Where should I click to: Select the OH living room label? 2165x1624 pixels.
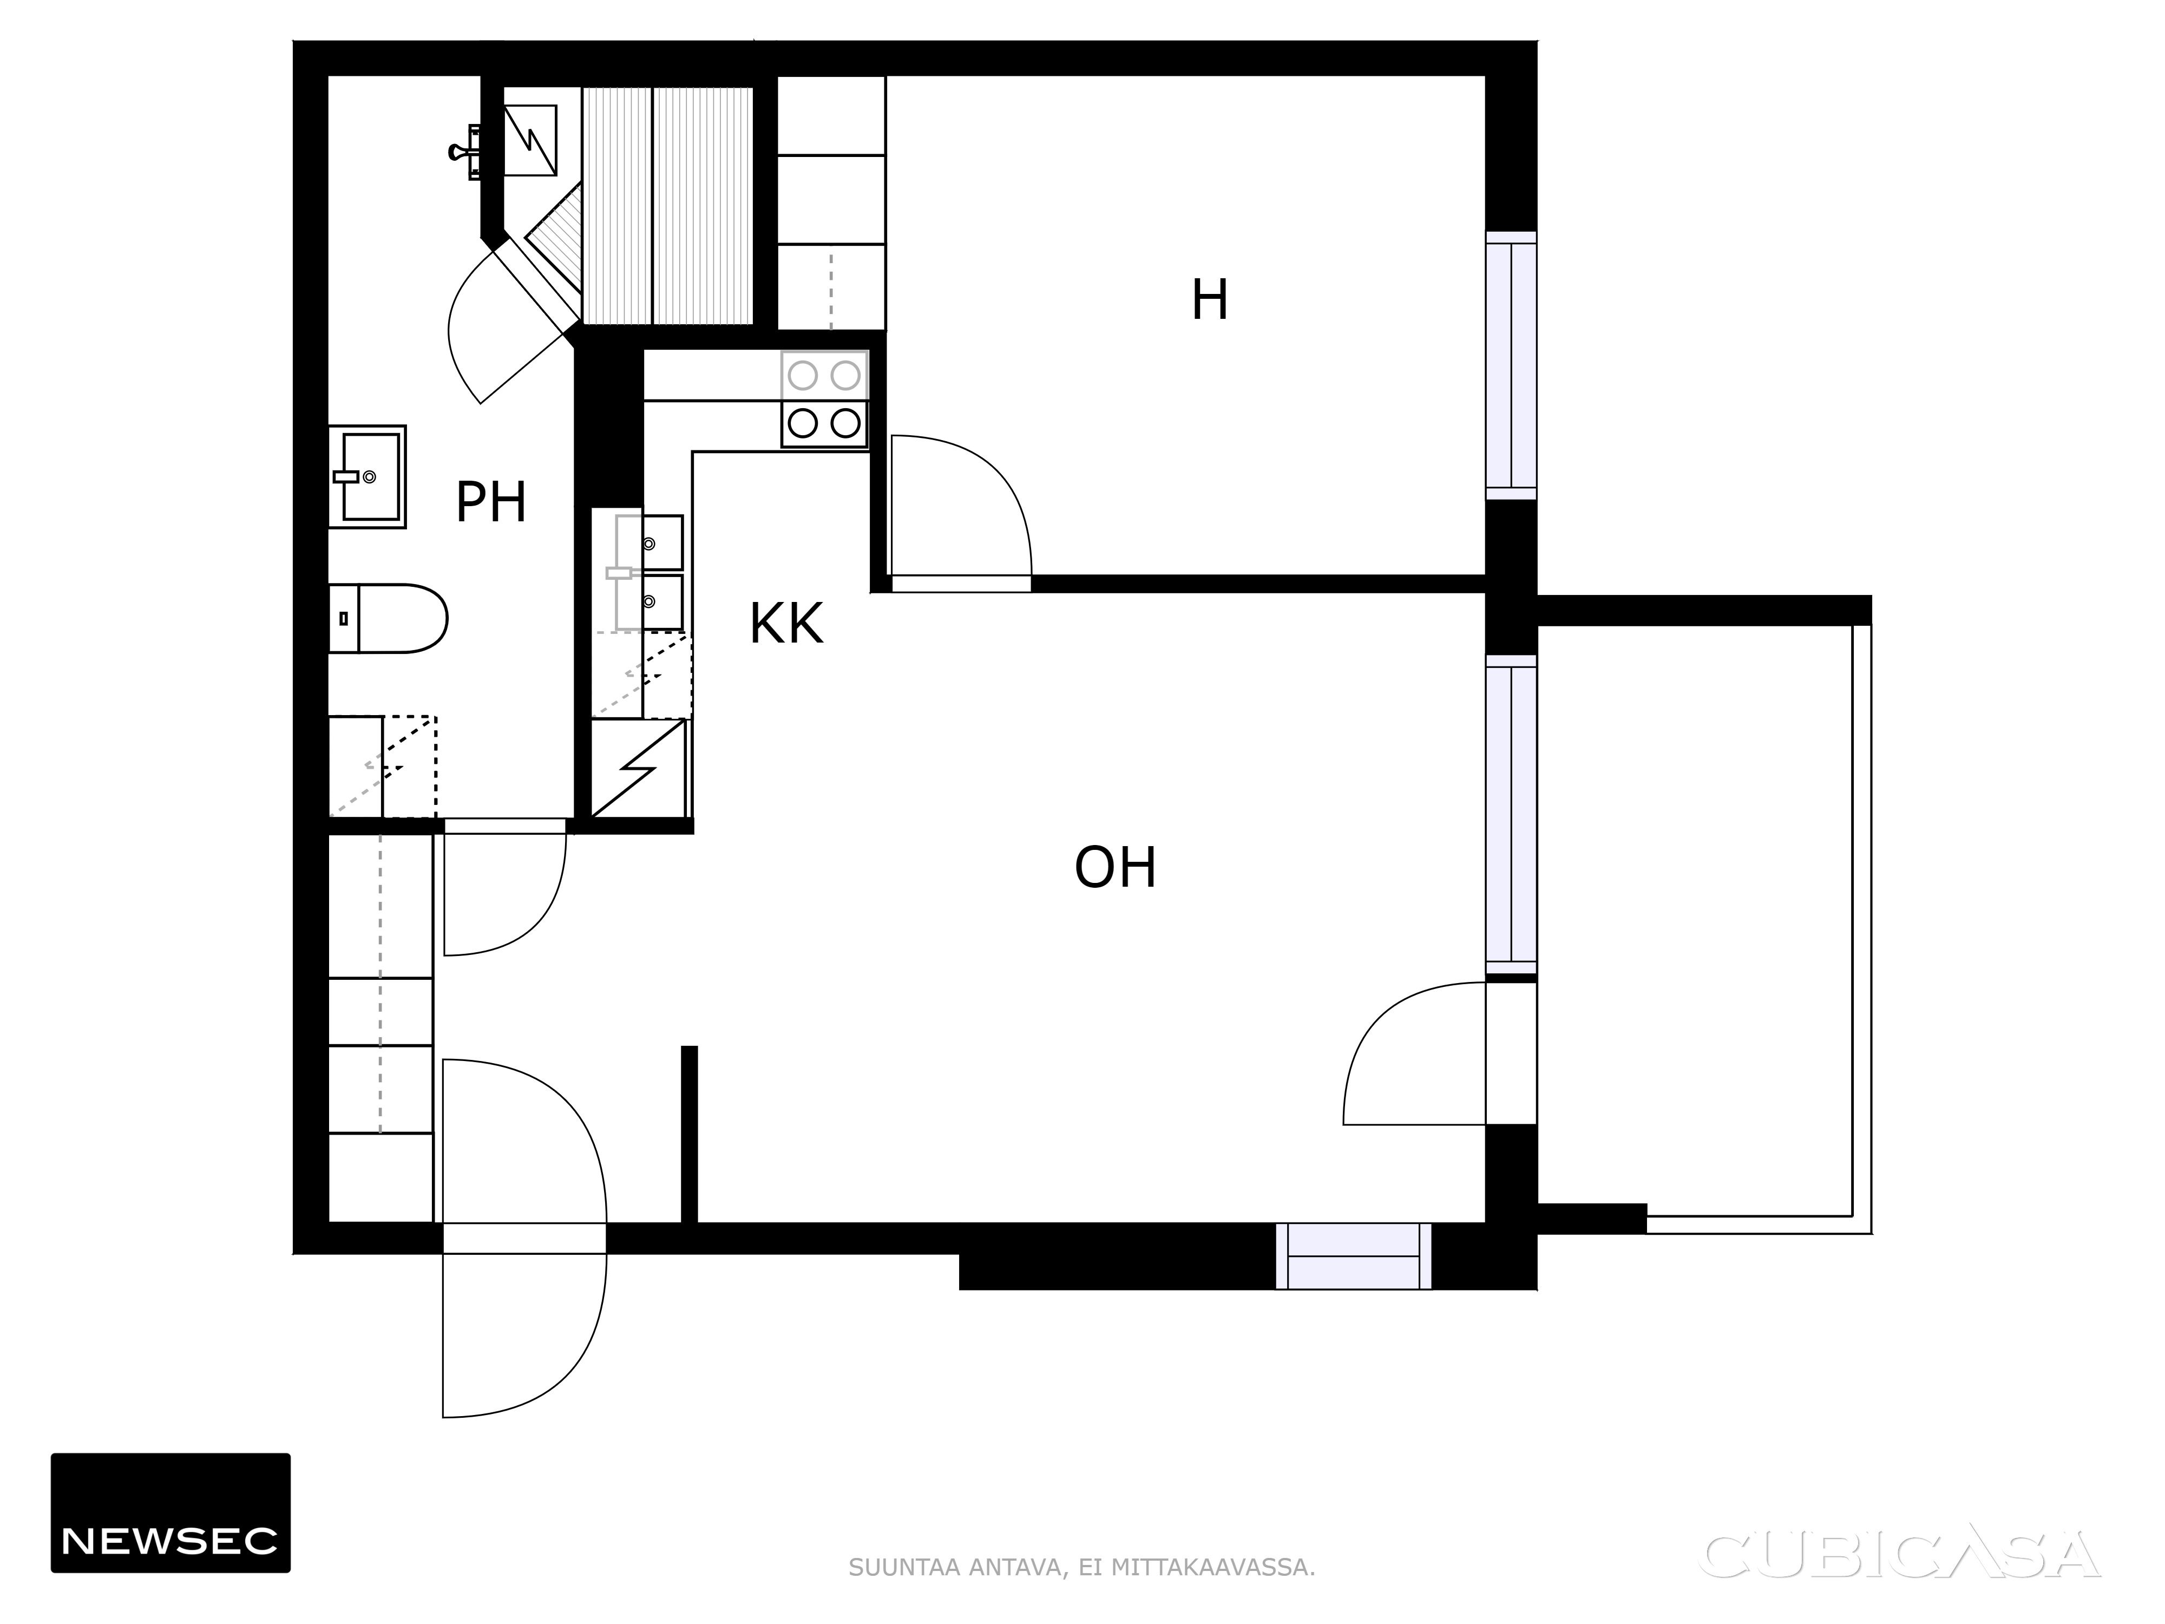1115,867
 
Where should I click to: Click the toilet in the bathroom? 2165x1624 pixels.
388,619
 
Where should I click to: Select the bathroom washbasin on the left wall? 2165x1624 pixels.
367,477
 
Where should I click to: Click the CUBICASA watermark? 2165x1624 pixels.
1901,1555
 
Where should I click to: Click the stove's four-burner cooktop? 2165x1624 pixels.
824,400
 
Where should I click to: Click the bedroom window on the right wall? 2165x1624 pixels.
1511,366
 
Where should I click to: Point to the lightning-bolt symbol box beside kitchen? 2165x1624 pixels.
638,769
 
